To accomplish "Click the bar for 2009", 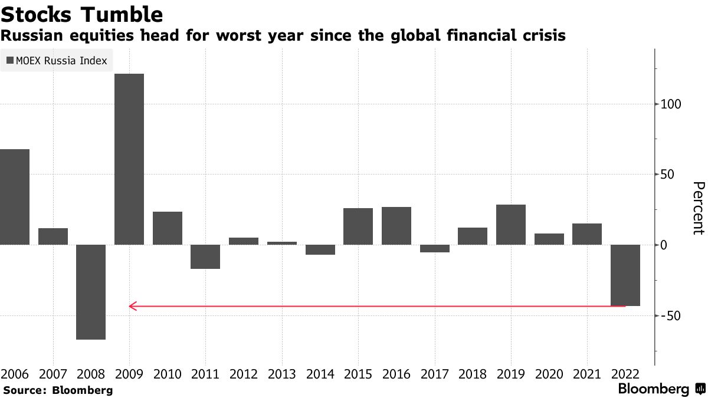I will click(x=129, y=159).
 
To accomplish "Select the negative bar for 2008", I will click(x=91, y=292).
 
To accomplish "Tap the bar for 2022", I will click(x=625, y=275).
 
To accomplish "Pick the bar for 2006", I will click(x=15, y=197).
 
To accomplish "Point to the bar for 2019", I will click(x=511, y=225).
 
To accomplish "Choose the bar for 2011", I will click(x=205, y=256).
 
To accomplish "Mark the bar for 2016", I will click(x=396, y=226).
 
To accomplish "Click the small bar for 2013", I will click(x=282, y=243).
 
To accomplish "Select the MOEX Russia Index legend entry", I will click(x=57, y=60).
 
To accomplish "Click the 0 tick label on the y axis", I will click(x=664, y=245).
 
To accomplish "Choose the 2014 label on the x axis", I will click(x=320, y=374).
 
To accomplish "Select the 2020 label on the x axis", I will click(x=549, y=374).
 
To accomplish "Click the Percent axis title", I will click(x=697, y=208).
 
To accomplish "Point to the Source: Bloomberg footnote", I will click(x=58, y=390).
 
